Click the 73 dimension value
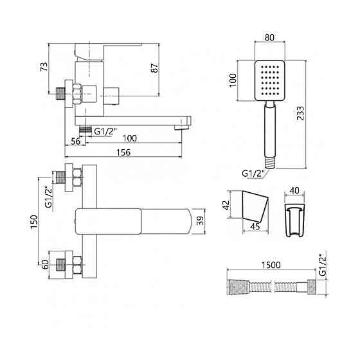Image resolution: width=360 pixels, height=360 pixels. [44, 67]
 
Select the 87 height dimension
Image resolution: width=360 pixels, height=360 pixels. [154, 68]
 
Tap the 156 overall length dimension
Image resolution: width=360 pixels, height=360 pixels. [123, 152]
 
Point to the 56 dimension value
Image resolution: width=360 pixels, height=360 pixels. [76, 141]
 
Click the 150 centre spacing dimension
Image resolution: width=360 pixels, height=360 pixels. [33, 221]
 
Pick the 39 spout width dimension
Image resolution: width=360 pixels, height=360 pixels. [200, 221]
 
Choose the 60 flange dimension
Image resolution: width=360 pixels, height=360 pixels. [45, 264]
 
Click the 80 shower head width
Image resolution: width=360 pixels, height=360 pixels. [269, 37]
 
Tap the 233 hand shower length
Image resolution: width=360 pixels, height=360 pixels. [300, 113]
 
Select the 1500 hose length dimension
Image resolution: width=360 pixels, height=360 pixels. [271, 265]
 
